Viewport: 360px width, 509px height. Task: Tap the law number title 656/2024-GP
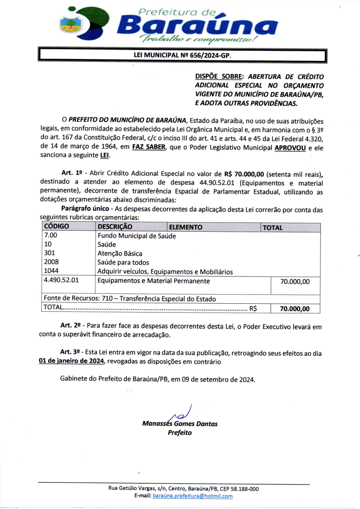pyautogui.click(x=182, y=55)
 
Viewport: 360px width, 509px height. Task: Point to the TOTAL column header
pyautogui.click(x=272, y=228)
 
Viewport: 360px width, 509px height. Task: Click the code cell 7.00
pyautogui.click(x=50, y=236)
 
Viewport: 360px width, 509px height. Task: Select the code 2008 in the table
pyautogui.click(x=51, y=262)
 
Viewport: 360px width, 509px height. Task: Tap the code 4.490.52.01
pyautogui.click(x=61, y=281)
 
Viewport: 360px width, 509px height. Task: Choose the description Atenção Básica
pyautogui.click(x=120, y=253)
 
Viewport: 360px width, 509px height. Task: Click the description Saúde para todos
pyautogui.click(x=123, y=263)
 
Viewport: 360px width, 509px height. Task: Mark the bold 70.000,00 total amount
pyautogui.click(x=295, y=309)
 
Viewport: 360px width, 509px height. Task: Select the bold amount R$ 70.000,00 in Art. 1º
pyautogui.click(x=244, y=174)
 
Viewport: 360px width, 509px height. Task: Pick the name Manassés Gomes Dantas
pyautogui.click(x=180, y=424)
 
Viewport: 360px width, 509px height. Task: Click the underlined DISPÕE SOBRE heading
pyautogui.click(x=220, y=76)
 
